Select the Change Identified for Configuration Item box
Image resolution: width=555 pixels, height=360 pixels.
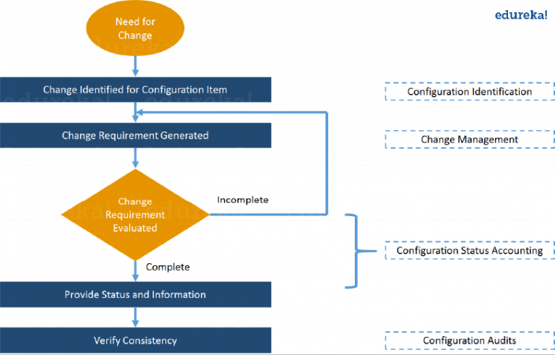(136, 90)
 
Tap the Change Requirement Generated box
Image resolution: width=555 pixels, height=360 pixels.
(136, 135)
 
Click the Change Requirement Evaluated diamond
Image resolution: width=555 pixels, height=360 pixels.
(136, 215)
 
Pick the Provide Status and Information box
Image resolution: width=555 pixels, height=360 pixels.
(136, 295)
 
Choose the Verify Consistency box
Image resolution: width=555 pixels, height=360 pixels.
(136, 340)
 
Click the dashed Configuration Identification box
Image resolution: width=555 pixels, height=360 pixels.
(469, 92)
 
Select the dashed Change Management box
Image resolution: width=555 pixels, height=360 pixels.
(469, 140)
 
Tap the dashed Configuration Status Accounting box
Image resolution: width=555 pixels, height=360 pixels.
(469, 251)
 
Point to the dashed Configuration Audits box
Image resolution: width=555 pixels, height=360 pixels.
(469, 340)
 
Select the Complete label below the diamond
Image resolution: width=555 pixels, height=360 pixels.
(168, 267)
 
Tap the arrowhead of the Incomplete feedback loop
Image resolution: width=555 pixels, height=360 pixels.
(142, 112)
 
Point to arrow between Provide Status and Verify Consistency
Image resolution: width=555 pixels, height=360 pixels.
(136, 317)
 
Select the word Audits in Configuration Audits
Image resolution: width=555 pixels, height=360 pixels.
(501, 340)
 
